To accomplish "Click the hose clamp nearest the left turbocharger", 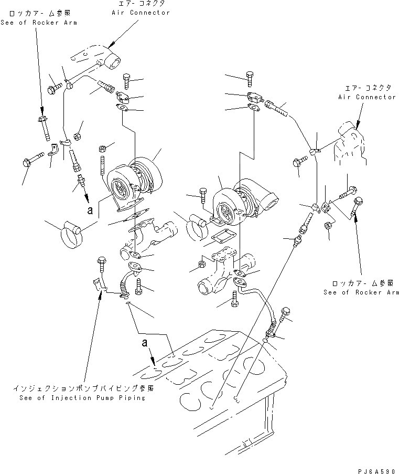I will point(72,234).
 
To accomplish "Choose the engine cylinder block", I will point(231,378).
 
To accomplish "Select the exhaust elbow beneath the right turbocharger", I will point(223,273).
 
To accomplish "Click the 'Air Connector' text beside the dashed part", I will point(366,97).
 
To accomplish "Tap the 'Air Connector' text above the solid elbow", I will point(141,13).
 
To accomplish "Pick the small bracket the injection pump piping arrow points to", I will point(98,285).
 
